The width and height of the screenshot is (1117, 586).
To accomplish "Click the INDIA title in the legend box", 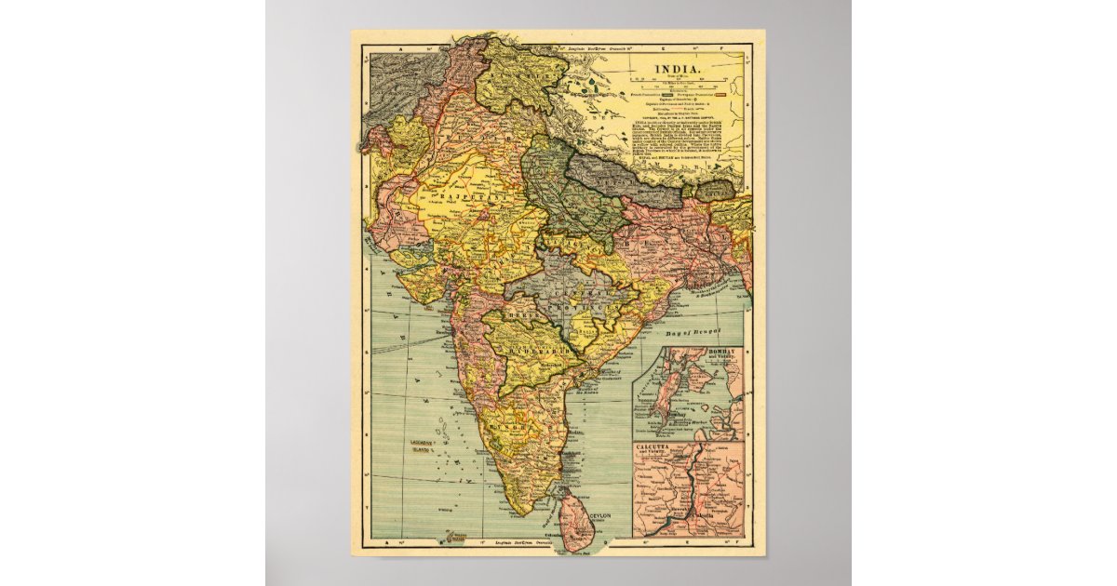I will pyautogui.click(x=683, y=69).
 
